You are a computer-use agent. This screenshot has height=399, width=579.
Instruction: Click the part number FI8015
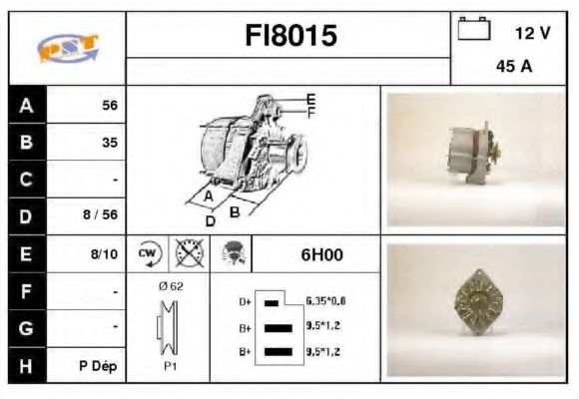click(290, 37)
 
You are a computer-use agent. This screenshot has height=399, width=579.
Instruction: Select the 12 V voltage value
click(532, 33)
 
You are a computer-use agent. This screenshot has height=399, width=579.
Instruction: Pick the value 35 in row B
click(109, 143)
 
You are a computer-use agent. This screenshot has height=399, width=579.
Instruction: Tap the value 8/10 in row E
click(105, 254)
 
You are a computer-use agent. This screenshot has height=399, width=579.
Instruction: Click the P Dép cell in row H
click(100, 366)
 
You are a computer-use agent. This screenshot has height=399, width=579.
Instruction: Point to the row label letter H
click(26, 366)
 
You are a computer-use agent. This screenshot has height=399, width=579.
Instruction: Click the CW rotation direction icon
click(148, 253)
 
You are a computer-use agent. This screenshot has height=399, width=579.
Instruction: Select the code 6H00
click(321, 254)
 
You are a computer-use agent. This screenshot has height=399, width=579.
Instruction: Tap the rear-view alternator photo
click(477, 309)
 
